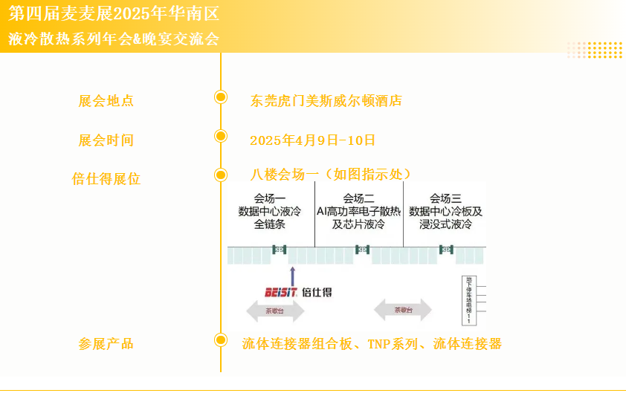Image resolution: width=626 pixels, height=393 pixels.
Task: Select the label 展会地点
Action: (106, 101)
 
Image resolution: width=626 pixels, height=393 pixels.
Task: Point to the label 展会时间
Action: (106, 140)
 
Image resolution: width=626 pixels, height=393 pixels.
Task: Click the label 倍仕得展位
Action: (106, 179)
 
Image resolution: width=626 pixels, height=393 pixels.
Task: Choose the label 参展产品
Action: (106, 344)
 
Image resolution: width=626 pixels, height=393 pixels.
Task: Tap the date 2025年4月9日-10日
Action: (312, 140)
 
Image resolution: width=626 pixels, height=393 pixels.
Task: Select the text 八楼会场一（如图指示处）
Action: (331, 175)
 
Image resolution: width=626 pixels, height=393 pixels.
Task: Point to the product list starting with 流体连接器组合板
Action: (372, 344)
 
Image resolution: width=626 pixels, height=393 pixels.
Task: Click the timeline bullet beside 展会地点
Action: (221, 97)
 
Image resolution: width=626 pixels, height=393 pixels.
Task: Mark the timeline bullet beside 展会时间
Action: (221, 136)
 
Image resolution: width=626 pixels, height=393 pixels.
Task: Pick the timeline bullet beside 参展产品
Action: (221, 340)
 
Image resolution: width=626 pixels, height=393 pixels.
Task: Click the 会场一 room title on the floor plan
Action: (270, 198)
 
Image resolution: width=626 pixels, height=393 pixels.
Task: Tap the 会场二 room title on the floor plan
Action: (358, 198)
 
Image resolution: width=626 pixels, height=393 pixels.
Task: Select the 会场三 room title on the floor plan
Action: (445, 198)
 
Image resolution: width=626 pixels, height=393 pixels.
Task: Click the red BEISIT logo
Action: (282, 293)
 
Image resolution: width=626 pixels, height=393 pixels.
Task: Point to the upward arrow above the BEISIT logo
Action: (292, 275)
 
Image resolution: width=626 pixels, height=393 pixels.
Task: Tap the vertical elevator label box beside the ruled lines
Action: (468, 299)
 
